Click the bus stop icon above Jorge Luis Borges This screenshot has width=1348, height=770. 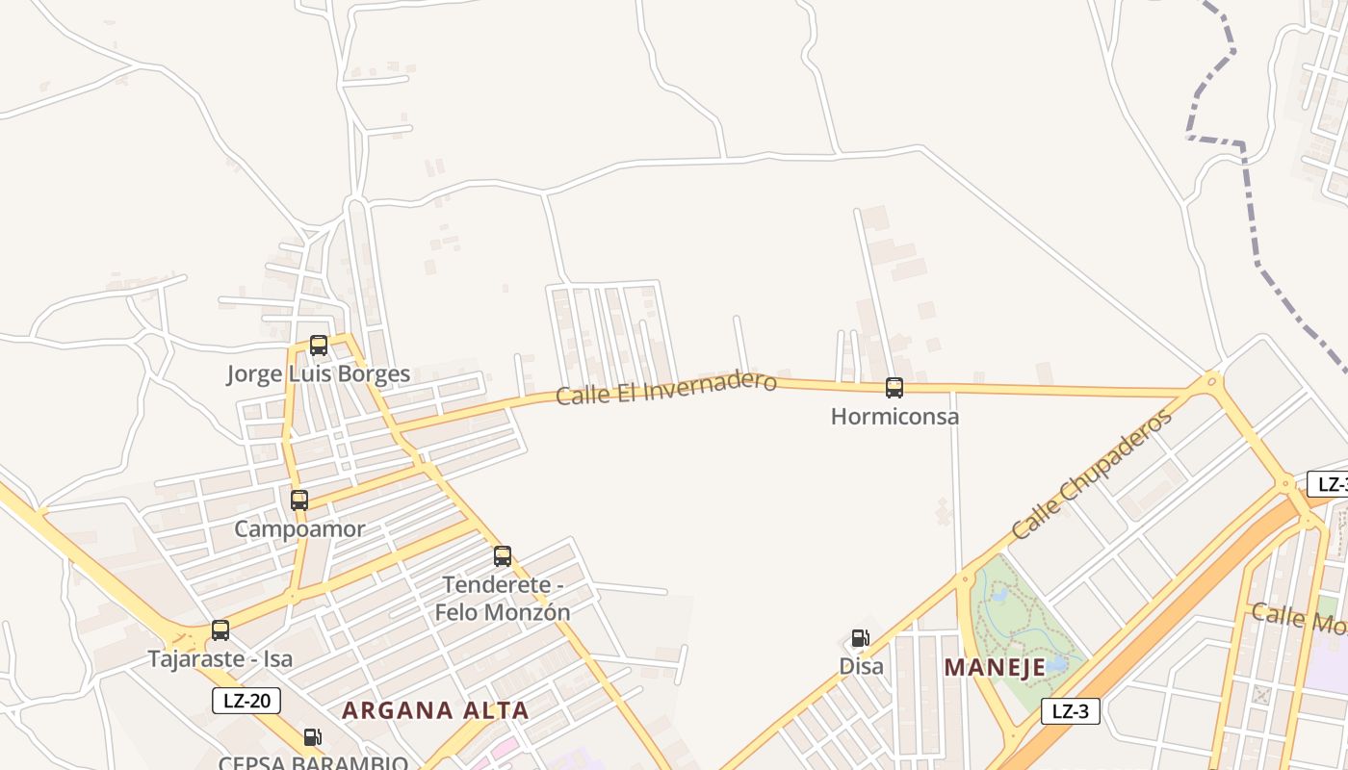click(319, 345)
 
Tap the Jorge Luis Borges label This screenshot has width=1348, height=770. click(319, 374)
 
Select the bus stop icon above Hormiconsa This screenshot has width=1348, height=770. click(894, 388)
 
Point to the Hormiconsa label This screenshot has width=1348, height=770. click(894, 417)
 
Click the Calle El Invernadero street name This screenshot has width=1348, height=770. click(665, 387)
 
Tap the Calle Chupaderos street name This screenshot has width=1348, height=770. click(1092, 475)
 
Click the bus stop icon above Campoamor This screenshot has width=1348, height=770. click(299, 500)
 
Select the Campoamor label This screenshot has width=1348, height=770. click(299, 528)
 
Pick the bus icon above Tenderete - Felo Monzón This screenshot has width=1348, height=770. click(503, 555)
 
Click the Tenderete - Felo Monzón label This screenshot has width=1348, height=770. click(503, 598)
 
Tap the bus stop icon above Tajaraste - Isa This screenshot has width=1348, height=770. click(220, 630)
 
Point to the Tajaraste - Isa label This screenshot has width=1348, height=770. click(220, 659)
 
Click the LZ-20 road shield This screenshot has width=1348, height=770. click(246, 701)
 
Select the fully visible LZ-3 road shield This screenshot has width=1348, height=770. click(1070, 711)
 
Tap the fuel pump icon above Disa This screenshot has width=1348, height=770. click(861, 638)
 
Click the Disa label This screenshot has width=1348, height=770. click(861, 666)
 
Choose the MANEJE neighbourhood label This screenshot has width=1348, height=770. click(995, 667)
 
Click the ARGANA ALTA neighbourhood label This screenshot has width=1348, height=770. click(435, 710)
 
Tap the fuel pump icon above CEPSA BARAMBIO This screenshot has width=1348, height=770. click(313, 737)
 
